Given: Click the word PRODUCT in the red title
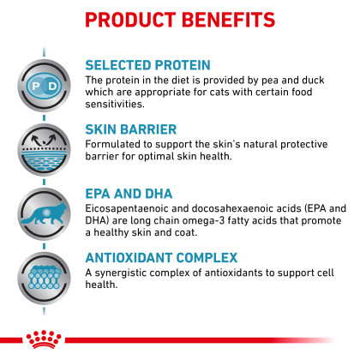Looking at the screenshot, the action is pyautogui.click(x=130, y=20).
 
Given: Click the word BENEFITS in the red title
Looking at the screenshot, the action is pyautogui.click(x=228, y=20).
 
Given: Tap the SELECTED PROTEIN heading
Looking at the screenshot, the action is pyautogui.click(x=147, y=65).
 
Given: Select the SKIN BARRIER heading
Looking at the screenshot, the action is pyautogui.click(x=131, y=129).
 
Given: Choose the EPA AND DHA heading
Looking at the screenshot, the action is pyautogui.click(x=129, y=194).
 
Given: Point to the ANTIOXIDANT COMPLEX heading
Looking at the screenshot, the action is pyautogui.click(x=161, y=258).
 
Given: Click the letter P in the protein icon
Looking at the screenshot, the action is pyautogui.click(x=36, y=86).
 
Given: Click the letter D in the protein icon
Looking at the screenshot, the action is pyautogui.click(x=52, y=86).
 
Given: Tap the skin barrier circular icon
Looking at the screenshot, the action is pyautogui.click(x=44, y=150).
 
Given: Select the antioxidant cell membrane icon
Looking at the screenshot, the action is pyautogui.click(x=44, y=278).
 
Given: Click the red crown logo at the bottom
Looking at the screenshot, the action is pyautogui.click(x=44, y=339).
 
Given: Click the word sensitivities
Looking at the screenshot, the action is pyautogui.click(x=115, y=104).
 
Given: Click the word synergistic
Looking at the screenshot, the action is pyautogui.click(x=120, y=273).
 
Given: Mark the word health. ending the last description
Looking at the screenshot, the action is pyautogui.click(x=101, y=285).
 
